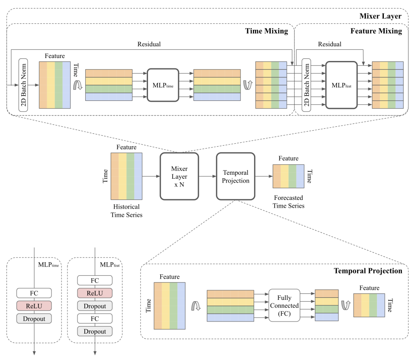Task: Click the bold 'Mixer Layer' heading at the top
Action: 383,16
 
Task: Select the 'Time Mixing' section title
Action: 267,31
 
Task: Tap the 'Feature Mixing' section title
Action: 376,31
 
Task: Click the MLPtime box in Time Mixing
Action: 163,85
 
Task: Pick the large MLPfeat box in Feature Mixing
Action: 341,85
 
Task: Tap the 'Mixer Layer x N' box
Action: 179,176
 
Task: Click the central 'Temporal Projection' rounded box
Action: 236,176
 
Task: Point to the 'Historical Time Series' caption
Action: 127,211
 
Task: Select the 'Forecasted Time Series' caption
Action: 289,202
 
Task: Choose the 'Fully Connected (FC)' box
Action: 284,305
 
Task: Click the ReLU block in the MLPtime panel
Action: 34,305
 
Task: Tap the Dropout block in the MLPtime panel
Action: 34,318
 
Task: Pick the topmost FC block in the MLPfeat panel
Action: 94,280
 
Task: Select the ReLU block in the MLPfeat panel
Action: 94,293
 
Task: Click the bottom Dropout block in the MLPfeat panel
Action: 94,331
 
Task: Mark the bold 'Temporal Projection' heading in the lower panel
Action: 368,271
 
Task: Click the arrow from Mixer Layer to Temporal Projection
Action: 207,176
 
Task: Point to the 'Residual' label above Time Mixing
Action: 149,44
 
